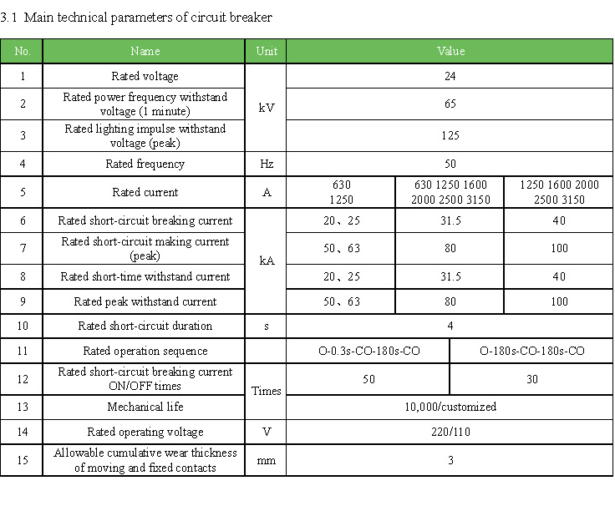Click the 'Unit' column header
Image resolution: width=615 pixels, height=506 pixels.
tap(266, 51)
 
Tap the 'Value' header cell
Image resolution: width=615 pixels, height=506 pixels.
tap(450, 51)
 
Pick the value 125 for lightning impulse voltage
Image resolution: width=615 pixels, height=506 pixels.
tap(450, 135)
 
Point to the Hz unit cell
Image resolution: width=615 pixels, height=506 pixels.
tap(266, 164)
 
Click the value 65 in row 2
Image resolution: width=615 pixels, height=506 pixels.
tap(450, 104)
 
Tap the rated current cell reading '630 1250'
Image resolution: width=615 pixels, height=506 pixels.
tap(341, 192)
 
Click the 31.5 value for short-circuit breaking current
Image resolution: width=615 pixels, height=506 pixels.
tap(450, 220)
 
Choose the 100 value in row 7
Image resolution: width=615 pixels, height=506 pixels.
tap(558, 248)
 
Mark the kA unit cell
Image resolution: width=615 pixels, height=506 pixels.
tap(266, 261)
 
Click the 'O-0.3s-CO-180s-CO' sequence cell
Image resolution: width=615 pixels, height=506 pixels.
tap(368, 351)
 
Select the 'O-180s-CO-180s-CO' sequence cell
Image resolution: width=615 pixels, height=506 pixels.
tap(531, 351)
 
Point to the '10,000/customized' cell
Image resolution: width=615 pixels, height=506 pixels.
tap(450, 407)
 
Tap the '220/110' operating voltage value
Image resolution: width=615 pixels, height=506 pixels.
tap(450, 432)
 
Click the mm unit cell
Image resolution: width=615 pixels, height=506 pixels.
tap(266, 460)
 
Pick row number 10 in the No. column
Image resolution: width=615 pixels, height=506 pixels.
tap(22, 326)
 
